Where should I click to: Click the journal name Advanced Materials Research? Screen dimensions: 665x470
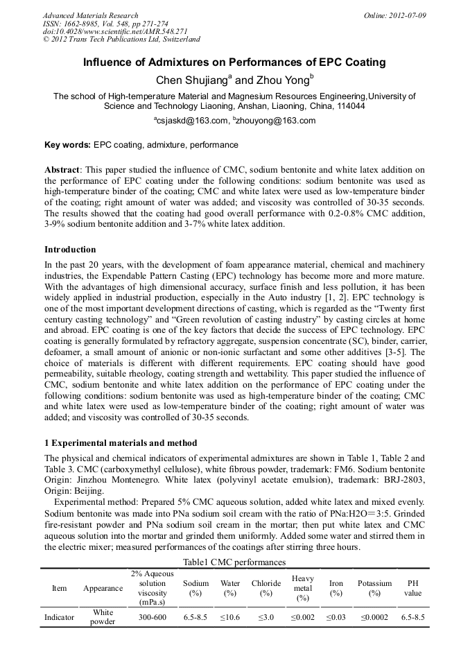click(x=90, y=15)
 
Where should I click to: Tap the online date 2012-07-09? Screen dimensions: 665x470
click(x=406, y=15)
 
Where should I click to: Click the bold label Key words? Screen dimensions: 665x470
click(x=67, y=145)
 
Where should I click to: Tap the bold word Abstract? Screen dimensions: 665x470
click(x=62, y=170)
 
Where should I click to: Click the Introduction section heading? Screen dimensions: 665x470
click(x=70, y=249)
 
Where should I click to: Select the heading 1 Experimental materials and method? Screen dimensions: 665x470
click(x=121, y=442)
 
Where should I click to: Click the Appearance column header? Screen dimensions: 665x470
click(x=103, y=588)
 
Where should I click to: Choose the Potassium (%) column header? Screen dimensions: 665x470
click(x=374, y=588)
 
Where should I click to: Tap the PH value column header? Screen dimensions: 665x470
click(x=412, y=588)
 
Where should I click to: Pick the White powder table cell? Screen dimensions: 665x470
click(x=103, y=616)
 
